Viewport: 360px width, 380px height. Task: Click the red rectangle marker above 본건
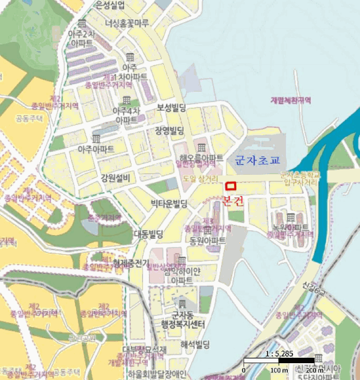pyautogui.click(x=231, y=186)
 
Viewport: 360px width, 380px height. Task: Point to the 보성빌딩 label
pyautogui.click(x=172, y=107)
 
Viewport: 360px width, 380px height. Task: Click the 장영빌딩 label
pyautogui.click(x=169, y=130)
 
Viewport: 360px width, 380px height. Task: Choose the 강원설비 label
pyautogui.click(x=115, y=178)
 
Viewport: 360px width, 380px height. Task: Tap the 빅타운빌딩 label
pyautogui.click(x=169, y=204)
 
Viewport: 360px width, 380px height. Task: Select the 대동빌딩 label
pyautogui.click(x=148, y=235)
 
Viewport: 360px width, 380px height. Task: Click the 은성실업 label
pyautogui.click(x=110, y=5)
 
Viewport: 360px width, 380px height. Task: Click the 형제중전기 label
pyautogui.click(x=131, y=263)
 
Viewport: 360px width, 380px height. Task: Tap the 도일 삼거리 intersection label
pyautogui.click(x=200, y=179)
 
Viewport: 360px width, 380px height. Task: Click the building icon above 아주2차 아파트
pyautogui.click(x=82, y=23)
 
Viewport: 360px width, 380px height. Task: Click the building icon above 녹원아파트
pyautogui.click(x=290, y=218)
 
